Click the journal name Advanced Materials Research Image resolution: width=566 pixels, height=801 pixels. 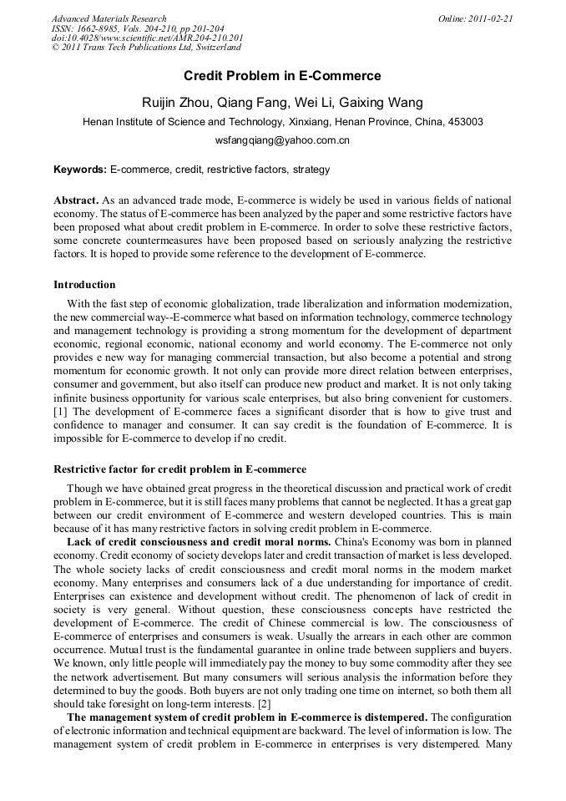(109, 18)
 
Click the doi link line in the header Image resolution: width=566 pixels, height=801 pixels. (147, 38)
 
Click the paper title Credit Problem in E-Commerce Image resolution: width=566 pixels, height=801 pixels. (282, 76)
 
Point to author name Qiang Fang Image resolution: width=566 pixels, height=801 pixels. (253, 103)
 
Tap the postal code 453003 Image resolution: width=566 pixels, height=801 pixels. (465, 122)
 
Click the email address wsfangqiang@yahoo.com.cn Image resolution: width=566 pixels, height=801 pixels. (282, 140)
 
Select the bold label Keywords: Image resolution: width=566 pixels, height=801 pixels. (80, 170)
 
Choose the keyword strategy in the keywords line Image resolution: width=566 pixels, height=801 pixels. (311, 170)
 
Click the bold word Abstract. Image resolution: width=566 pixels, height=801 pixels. (76, 201)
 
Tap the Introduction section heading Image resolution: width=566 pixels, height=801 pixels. (84, 285)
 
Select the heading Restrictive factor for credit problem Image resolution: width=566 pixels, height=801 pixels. (179, 469)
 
